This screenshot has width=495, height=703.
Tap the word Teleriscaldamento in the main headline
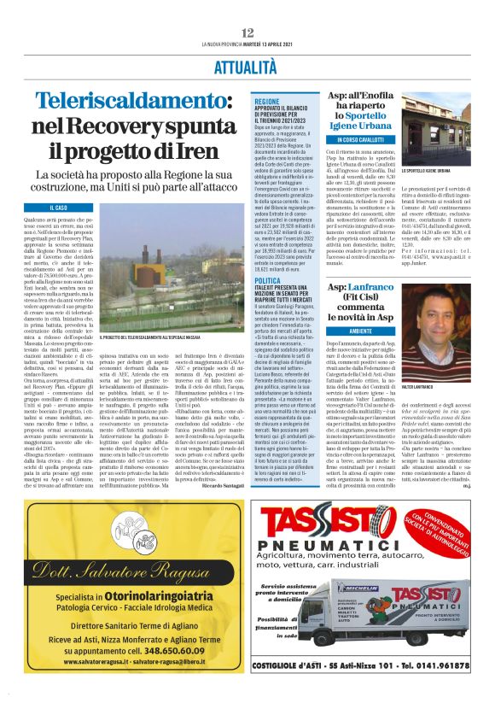137,103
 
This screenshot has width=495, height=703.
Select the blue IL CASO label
59,208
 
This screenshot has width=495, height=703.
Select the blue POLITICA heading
266,281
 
